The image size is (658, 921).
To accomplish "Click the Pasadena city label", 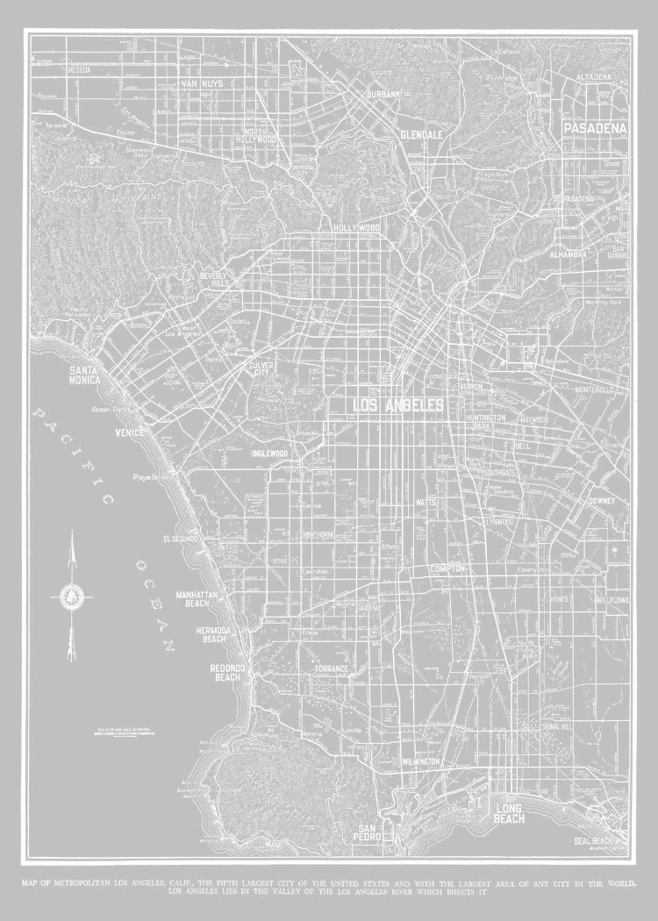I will [x=595, y=129].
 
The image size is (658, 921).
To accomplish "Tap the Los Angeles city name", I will [x=398, y=406].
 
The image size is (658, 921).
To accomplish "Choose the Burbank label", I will [x=383, y=95].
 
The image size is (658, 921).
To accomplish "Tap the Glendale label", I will [x=421, y=135].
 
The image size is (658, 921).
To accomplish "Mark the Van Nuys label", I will [x=202, y=84].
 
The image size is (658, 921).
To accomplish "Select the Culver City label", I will [x=261, y=368].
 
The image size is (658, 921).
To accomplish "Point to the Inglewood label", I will [x=270, y=454].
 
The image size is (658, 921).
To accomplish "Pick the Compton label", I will [x=447, y=569].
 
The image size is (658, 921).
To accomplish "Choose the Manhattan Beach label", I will [x=197, y=599].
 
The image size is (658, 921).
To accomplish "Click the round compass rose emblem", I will [x=71, y=597].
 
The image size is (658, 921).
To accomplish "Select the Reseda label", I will [x=79, y=70].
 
